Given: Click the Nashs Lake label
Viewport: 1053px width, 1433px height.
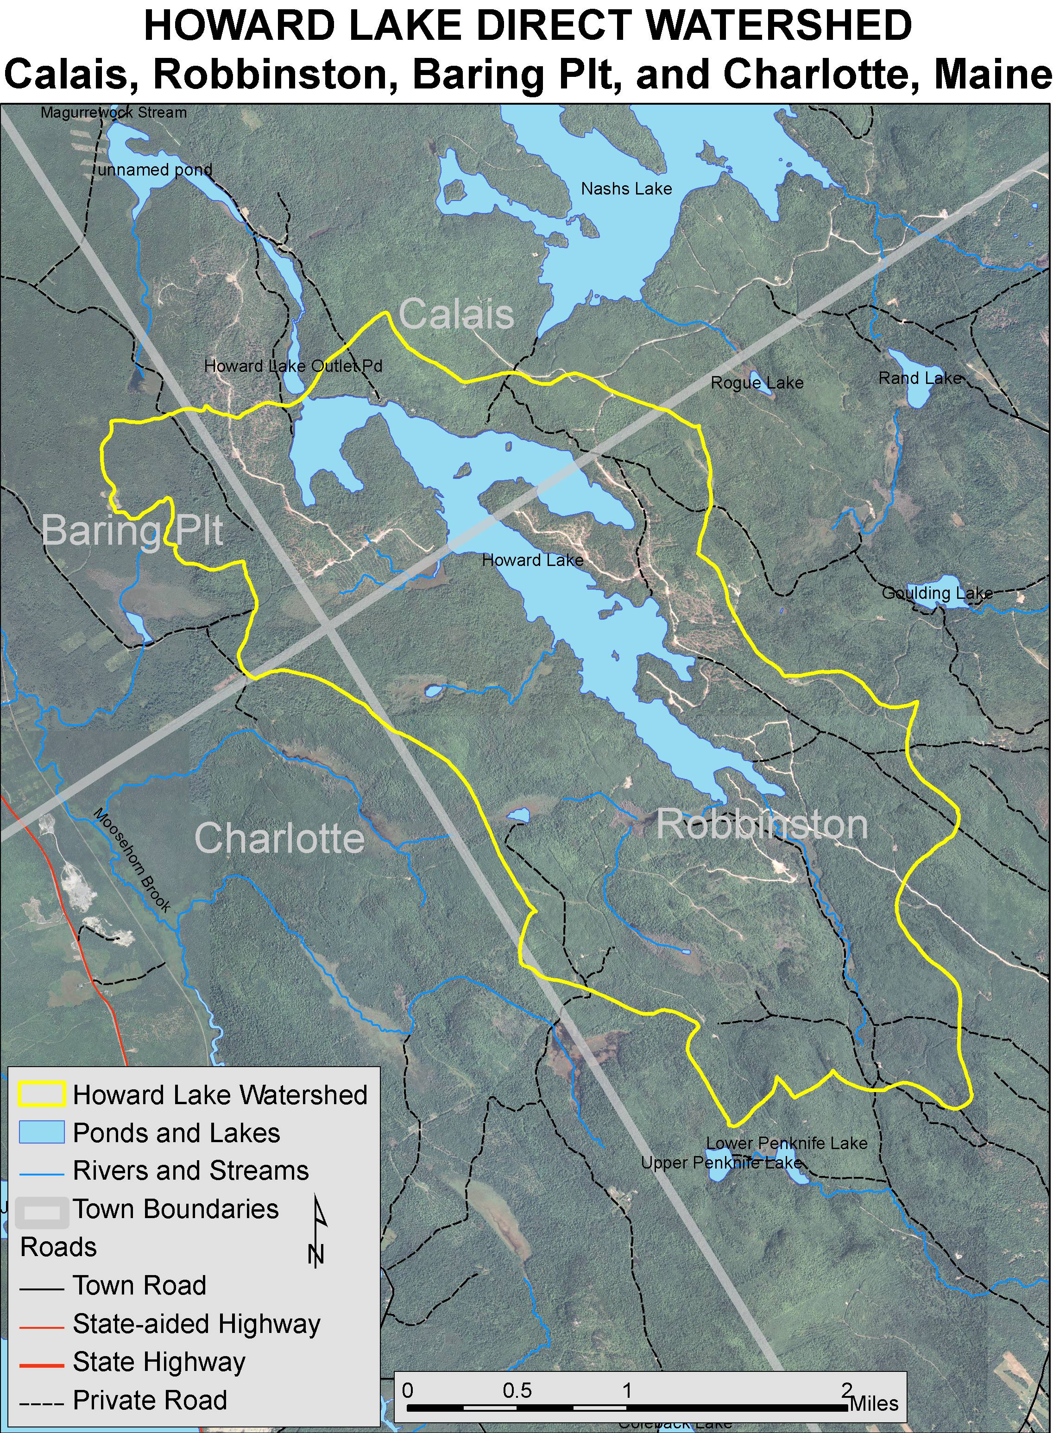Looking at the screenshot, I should coord(626,189).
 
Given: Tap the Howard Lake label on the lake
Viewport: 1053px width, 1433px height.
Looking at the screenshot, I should coord(532,560).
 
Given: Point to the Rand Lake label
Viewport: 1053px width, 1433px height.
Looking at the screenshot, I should coord(919,378).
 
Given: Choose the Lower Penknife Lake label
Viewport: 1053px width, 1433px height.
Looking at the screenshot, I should coord(787,1143).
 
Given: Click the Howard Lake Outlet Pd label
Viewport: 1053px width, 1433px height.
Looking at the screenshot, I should coord(293,366).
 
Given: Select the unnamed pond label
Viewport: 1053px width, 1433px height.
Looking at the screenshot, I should coord(154,170).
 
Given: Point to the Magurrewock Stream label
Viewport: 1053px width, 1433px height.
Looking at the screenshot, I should coord(113,113).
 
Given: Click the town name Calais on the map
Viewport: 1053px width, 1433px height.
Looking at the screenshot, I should coord(456,314).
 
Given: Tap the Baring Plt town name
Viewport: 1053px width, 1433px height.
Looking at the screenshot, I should coord(132,530).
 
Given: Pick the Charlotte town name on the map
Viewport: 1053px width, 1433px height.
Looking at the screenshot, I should coord(279,838).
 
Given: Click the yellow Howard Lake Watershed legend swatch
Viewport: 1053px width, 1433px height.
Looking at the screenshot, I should coord(41,1094).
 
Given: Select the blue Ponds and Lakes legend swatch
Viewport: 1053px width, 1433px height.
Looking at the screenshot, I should coord(41,1132).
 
